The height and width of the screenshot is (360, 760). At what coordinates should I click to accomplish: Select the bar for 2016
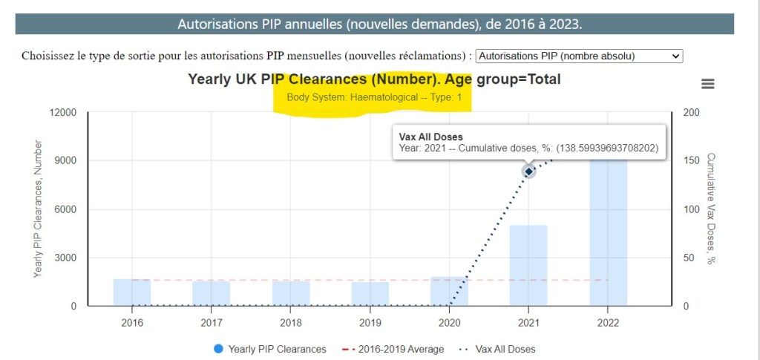pos(132,292)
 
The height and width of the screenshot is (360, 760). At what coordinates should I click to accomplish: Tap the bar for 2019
pos(370,294)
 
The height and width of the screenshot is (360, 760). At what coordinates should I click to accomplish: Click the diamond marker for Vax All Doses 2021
pos(528,171)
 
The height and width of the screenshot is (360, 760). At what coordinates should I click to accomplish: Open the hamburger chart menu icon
pos(707,84)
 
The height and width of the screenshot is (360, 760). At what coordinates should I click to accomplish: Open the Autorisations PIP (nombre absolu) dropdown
pos(578,56)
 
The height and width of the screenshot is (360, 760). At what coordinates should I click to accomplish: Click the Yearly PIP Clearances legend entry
pos(270,349)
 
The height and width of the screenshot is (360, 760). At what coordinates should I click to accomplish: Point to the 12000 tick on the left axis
pos(62,113)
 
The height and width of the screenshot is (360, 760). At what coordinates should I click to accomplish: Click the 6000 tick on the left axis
pos(65,209)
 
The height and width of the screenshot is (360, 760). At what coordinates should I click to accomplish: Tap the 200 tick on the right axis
pos(690,113)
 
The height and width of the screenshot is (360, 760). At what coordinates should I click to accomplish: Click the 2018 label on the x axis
pos(290,323)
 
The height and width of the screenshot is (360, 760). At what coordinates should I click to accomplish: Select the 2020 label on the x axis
pos(449,323)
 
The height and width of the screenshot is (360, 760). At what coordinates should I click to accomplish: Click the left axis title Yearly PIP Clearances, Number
pos(38,209)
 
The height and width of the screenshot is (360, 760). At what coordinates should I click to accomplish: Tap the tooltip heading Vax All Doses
pos(430,137)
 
